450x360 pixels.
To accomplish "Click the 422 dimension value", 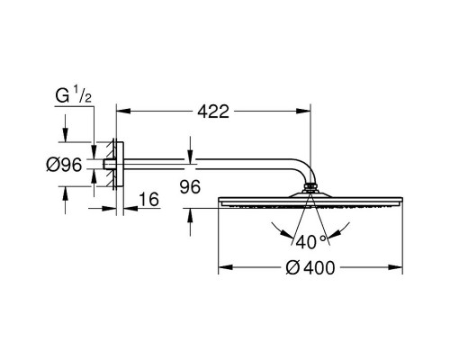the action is click(x=213, y=112).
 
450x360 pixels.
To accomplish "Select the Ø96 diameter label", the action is click(x=64, y=165).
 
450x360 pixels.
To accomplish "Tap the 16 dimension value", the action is click(x=149, y=199).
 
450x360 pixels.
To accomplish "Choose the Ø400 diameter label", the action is click(x=310, y=267).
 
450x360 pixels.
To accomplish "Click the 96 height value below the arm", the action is click(x=190, y=187).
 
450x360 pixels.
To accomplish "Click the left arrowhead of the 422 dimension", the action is click(x=123, y=111).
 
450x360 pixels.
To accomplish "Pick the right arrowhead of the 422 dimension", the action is click(x=303, y=111).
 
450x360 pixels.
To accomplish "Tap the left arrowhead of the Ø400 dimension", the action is click(x=226, y=267).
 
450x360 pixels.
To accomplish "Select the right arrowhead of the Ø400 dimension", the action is click(x=395, y=267).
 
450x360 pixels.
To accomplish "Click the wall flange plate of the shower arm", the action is click(x=119, y=165).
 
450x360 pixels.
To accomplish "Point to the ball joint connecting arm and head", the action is click(x=310, y=188).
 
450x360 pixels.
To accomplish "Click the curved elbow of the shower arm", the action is click(x=305, y=168).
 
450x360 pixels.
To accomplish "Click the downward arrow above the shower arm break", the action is click(x=190, y=150).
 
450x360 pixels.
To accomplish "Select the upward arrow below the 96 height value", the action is click(x=190, y=222).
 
